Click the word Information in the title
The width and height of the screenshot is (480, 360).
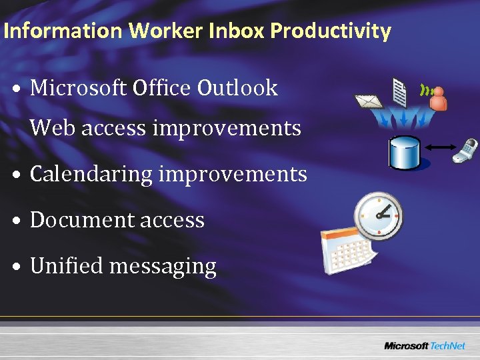click(x=63, y=31)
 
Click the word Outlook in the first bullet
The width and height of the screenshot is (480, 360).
click(x=237, y=88)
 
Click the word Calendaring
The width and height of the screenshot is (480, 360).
click(x=91, y=174)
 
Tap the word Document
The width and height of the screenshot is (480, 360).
click(x=78, y=220)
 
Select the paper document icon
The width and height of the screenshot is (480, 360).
click(x=400, y=92)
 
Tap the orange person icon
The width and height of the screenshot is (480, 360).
click(x=438, y=99)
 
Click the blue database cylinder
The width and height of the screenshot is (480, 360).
click(x=405, y=151)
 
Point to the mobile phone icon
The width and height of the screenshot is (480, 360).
click(x=465, y=150)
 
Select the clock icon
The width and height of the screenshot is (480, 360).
click(x=378, y=215)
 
